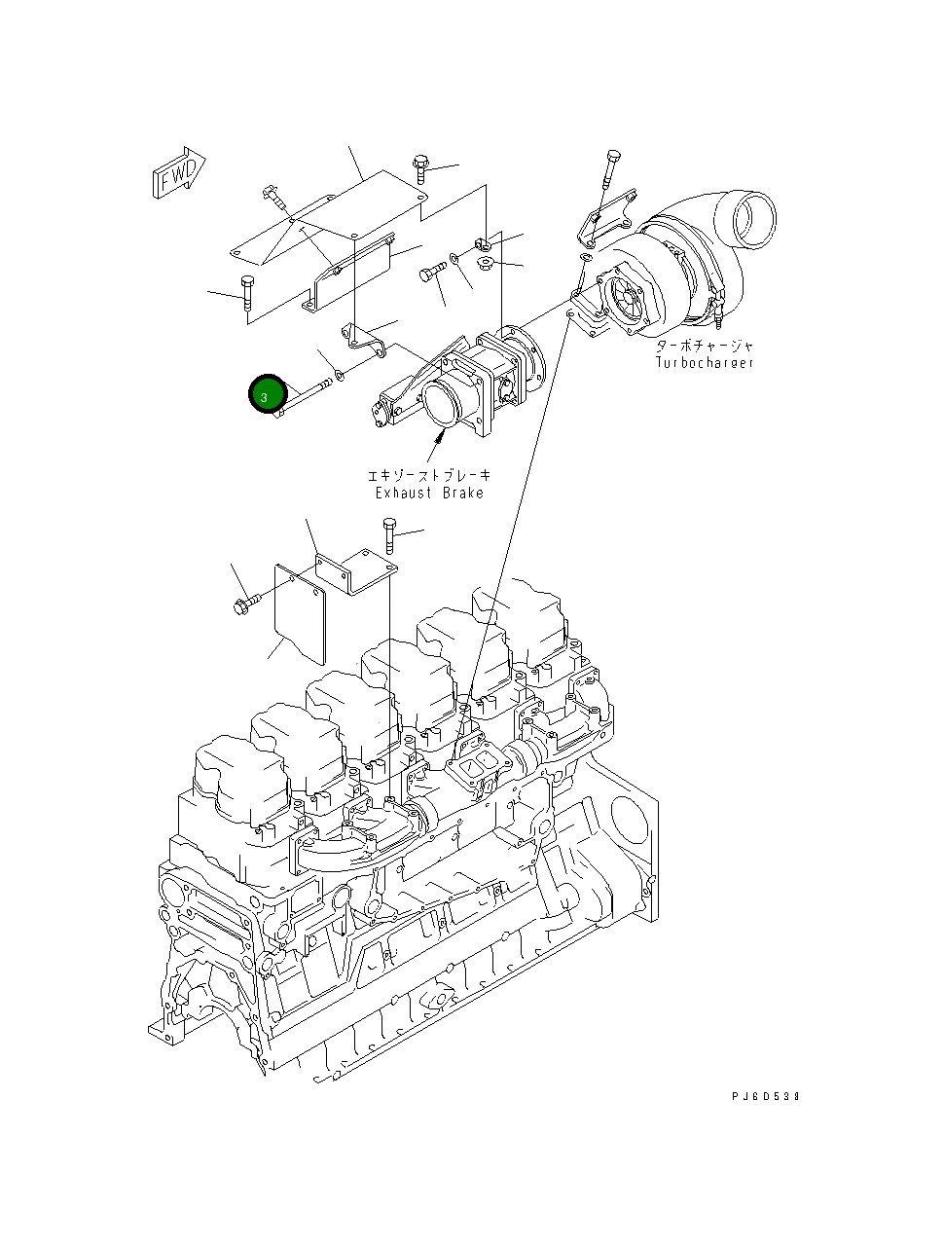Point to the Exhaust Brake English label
click(x=429, y=493)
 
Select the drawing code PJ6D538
click(x=765, y=1096)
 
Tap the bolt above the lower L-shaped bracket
click(x=390, y=535)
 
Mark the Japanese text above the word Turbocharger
click(x=704, y=346)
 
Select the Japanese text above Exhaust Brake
click(x=429, y=475)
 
